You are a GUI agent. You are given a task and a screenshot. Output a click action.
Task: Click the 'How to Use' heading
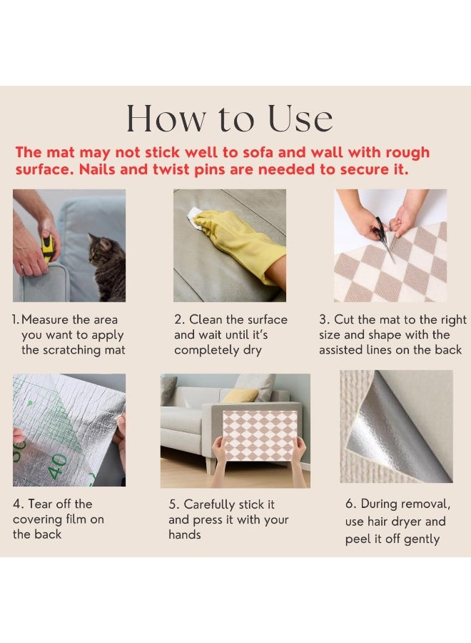pos(229,118)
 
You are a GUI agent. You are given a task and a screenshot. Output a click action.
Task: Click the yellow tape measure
pos(48,249)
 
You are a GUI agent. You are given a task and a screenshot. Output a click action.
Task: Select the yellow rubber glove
pos(239,242)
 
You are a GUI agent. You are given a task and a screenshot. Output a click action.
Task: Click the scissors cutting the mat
pos(384,238)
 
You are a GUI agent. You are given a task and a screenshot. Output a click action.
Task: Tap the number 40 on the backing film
pos(57,466)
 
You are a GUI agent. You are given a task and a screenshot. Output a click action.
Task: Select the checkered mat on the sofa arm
pos(260,436)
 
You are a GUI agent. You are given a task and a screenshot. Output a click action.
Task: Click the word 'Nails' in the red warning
pos(96,169)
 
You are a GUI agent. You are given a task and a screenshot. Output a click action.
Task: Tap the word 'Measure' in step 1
pos(45,319)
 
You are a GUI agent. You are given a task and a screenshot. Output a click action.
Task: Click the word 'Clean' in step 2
pos(206,319)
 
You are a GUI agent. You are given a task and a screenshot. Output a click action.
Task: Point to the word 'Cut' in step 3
pos(344,319)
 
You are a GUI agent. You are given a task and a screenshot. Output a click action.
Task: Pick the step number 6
pos(350,504)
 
